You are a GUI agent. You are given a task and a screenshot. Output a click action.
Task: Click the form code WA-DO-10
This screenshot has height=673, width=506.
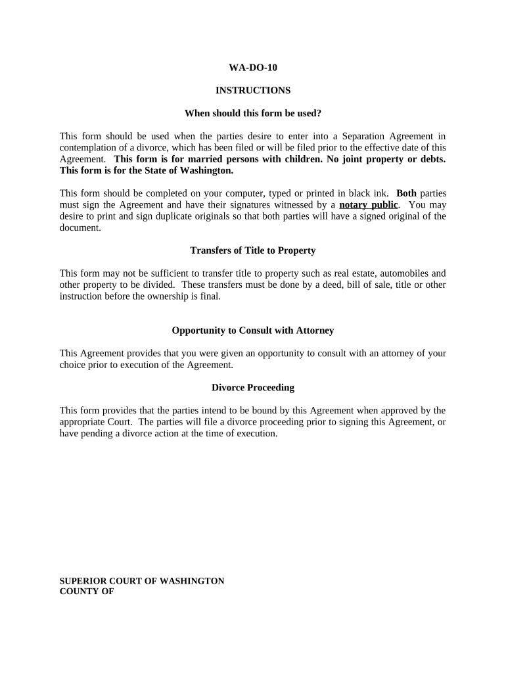(252, 67)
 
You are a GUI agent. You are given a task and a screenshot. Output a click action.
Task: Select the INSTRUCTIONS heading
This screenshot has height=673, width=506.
(252, 90)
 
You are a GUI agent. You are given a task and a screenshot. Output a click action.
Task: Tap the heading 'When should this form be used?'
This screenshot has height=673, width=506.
(252, 113)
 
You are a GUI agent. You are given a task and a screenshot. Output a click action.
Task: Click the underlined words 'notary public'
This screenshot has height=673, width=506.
(368, 204)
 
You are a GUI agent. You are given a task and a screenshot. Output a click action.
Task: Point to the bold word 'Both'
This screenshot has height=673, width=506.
(406, 193)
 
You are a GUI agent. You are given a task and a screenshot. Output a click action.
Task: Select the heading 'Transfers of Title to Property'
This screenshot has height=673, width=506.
(252, 250)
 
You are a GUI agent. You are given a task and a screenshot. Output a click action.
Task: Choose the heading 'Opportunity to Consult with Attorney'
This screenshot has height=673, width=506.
(252, 331)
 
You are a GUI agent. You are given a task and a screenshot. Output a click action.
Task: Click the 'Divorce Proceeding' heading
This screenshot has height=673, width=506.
(252, 388)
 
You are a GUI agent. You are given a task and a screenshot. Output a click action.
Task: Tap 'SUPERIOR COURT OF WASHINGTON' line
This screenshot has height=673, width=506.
(142, 581)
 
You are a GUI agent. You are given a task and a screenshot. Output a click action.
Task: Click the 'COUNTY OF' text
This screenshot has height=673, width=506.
(87, 592)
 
